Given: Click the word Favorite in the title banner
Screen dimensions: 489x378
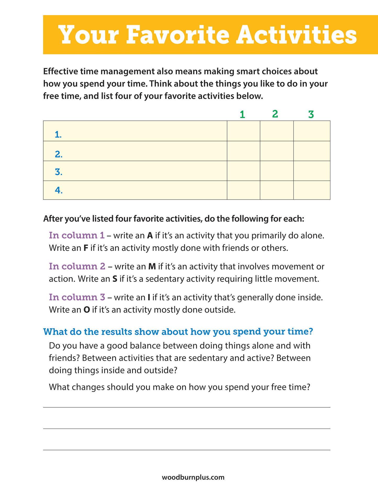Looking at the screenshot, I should click(177, 35).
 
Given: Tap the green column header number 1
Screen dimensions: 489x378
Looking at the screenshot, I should click(242, 115).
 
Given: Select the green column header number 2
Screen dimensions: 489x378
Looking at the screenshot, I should click(275, 114).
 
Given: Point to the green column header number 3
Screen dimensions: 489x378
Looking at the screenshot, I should click(311, 115).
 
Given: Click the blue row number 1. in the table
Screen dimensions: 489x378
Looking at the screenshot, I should click(58, 135).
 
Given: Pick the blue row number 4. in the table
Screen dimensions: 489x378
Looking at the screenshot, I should click(59, 190).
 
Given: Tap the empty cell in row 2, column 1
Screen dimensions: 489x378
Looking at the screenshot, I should click(243, 151).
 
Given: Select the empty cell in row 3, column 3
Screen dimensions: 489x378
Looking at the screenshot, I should click(312, 171).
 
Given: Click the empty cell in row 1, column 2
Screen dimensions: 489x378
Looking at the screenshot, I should click(277, 131).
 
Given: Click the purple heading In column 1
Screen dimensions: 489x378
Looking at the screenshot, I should click(77, 236).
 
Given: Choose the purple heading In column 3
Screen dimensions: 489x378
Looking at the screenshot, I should click(77, 297).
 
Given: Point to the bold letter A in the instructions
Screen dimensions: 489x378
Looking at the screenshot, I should click(150, 236).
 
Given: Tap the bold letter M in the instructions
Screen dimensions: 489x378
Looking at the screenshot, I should click(152, 267).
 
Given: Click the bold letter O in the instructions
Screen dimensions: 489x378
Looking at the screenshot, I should click(87, 310).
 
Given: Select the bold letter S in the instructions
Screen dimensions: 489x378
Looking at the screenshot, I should click(115, 279).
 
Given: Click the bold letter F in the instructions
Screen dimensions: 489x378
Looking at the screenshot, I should click(86, 248).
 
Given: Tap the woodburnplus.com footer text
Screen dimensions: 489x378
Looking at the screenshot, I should click(193, 477).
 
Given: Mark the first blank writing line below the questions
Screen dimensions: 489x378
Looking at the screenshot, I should click(187, 407).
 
